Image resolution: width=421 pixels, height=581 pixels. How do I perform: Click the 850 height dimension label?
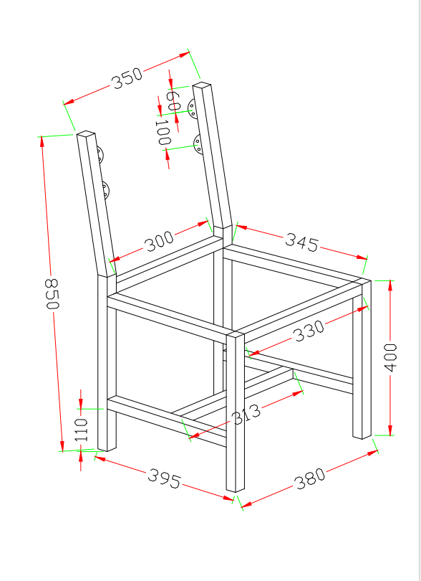[x=52, y=294]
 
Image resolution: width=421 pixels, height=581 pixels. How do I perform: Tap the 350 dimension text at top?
[x=127, y=79]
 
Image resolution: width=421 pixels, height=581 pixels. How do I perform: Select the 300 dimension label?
[x=159, y=241]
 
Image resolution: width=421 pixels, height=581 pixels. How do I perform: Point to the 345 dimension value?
[x=301, y=242]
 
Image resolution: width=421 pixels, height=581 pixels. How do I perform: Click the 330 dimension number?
[x=309, y=331]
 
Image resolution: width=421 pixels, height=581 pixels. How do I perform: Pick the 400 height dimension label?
[x=390, y=357]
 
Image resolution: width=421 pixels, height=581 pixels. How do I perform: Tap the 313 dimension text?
[x=246, y=415]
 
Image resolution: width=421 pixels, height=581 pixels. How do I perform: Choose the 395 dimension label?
[x=164, y=478]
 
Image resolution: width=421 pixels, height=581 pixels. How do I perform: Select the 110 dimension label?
[x=82, y=430]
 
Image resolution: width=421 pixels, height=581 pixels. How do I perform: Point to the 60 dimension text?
[x=173, y=100]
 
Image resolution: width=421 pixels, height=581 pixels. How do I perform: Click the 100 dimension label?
[x=163, y=132]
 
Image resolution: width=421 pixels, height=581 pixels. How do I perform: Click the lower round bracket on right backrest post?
[x=198, y=144]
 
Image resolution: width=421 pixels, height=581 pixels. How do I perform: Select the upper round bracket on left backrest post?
[x=100, y=154]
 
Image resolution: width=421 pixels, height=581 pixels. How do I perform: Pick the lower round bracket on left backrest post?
[x=105, y=190]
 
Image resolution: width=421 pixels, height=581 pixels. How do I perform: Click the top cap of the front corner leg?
[x=236, y=334]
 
